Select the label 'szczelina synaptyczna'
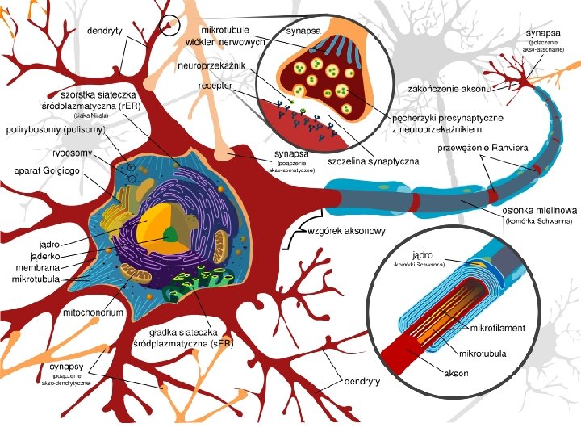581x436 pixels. [374, 161]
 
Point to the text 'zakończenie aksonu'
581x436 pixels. [449, 86]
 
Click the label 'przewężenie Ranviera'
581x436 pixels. [483, 148]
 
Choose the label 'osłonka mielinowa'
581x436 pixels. [539, 209]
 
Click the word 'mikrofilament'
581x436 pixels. [497, 329]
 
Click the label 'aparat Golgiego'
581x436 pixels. [43, 171]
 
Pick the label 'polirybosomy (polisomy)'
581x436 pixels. [53, 128]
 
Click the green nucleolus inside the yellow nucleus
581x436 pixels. [169, 235]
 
